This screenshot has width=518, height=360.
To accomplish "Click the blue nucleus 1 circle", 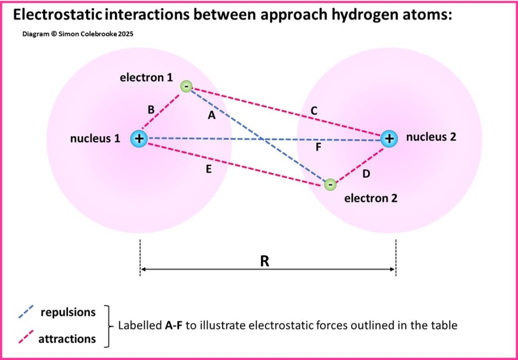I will tap(139, 138).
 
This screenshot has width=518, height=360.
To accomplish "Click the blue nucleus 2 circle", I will tap(388, 138).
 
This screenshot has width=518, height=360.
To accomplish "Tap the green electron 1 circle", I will tap(186, 87).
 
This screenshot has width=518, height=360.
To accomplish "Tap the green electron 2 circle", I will tap(330, 184).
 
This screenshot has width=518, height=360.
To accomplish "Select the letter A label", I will tap(212, 115).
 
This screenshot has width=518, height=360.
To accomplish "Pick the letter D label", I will tap(366, 174).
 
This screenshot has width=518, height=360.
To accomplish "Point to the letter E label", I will tap(209, 169).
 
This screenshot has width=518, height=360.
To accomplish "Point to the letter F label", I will tap(318, 148).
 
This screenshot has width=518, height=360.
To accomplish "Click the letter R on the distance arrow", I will tap(264, 261).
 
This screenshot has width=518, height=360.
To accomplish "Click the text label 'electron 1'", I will tap(146, 77).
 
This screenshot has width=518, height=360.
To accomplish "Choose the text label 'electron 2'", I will tap(371, 198).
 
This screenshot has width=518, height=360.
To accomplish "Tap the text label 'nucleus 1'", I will tap(95, 138).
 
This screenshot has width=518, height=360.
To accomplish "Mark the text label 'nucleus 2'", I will tap(431, 137).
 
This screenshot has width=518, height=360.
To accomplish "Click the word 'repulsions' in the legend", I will tap(68, 312).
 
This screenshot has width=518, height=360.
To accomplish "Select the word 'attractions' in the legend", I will tap(67, 339).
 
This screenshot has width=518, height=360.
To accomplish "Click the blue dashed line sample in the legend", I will tap(26, 312).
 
